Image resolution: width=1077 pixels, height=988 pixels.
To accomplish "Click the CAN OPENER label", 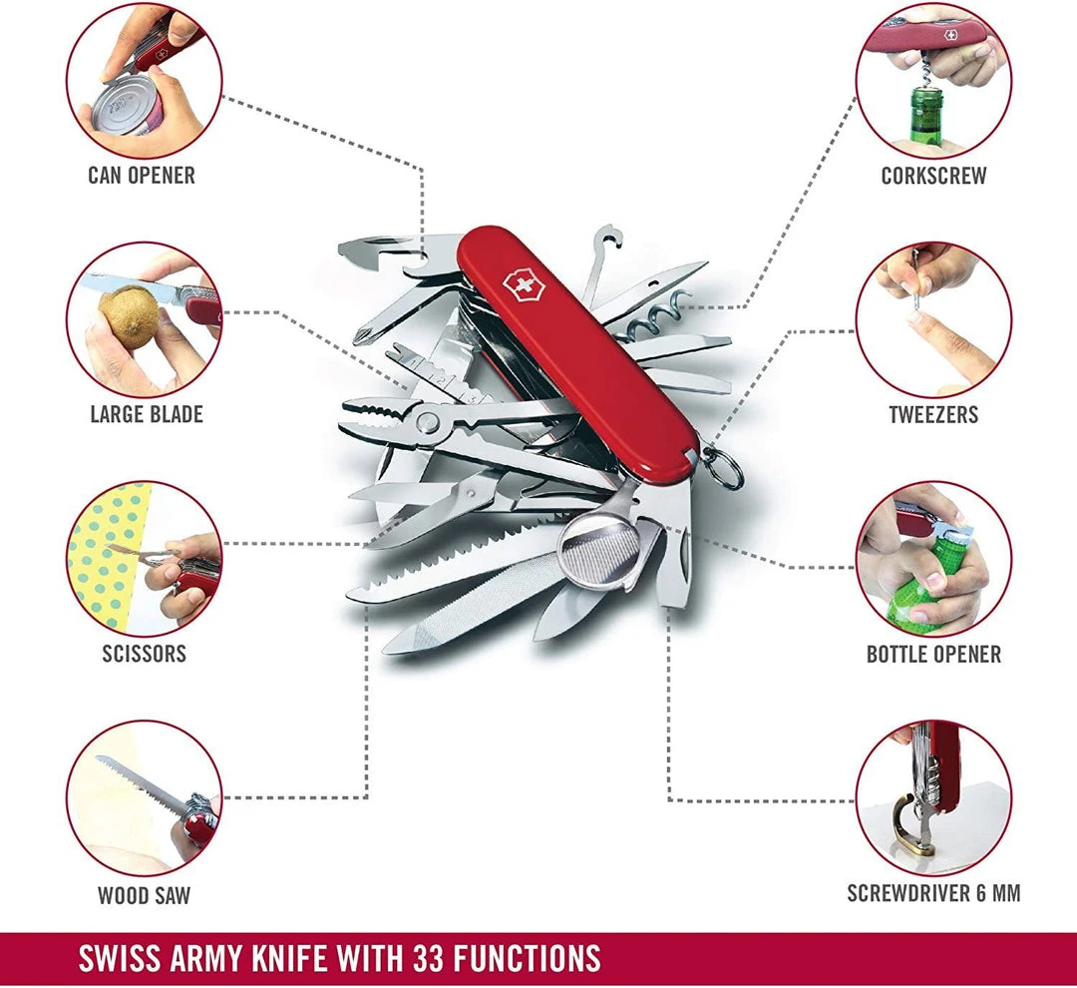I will [142, 176].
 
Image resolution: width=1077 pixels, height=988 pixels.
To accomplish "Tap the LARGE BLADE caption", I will [147, 414].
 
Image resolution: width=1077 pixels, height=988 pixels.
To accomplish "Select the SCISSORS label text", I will [144, 655].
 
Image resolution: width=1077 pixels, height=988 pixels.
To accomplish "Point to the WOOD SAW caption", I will [144, 895].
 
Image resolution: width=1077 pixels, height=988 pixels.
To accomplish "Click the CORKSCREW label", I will [933, 176].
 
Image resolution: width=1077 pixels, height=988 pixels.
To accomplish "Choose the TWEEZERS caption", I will [933, 414].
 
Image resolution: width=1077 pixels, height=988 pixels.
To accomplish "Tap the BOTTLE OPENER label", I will [933, 655].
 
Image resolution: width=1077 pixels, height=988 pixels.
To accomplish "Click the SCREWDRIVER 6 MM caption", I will [933, 893].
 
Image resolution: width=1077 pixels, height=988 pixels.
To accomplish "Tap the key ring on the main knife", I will [726, 470].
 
